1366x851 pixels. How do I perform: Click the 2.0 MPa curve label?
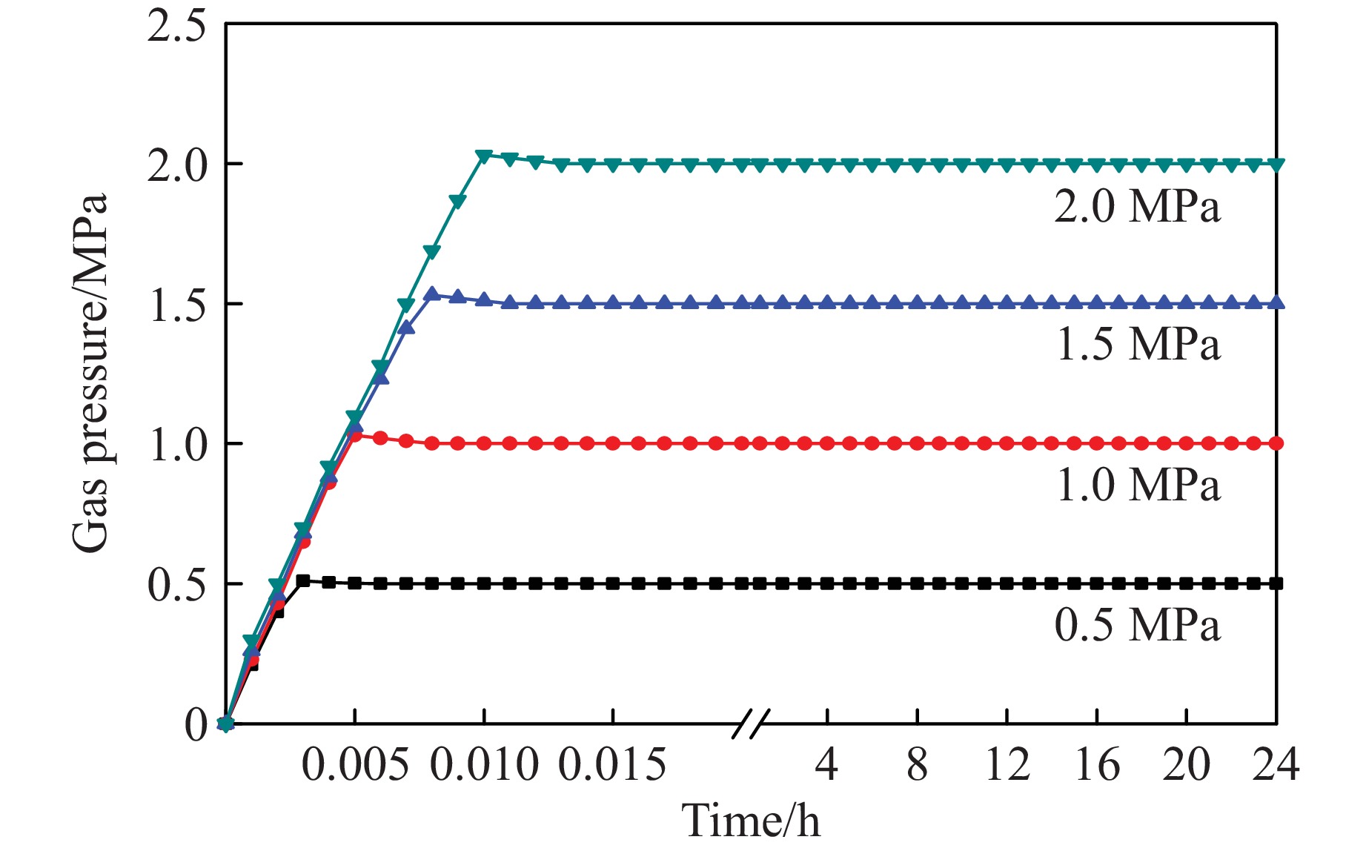click(x=1137, y=206)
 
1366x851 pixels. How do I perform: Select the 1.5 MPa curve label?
click(x=1137, y=345)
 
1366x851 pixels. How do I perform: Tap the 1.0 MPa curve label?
click(x=1137, y=486)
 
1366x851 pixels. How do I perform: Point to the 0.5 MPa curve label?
click(x=1137, y=625)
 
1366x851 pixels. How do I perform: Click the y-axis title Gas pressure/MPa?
click(x=90, y=373)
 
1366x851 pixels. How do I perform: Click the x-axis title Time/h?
click(x=750, y=821)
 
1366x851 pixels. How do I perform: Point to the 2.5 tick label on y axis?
click(x=176, y=28)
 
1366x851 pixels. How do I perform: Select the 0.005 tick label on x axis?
click(x=355, y=765)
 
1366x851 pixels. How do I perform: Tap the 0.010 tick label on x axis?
click(x=484, y=765)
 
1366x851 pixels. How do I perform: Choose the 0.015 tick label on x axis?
click(x=612, y=765)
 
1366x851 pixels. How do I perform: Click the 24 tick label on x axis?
click(x=1276, y=765)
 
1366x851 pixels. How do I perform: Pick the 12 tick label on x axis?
click(x=1007, y=765)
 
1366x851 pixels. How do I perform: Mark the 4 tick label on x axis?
click(x=826, y=765)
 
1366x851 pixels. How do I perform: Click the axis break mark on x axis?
click(x=750, y=723)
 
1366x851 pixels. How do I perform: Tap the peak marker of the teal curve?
click(x=484, y=156)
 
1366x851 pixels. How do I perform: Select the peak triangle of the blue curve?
click(x=432, y=294)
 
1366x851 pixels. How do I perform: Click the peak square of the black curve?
click(x=303, y=580)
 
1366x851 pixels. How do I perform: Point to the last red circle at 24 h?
click(x=1276, y=443)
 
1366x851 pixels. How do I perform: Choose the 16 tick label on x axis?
click(x=1097, y=765)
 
